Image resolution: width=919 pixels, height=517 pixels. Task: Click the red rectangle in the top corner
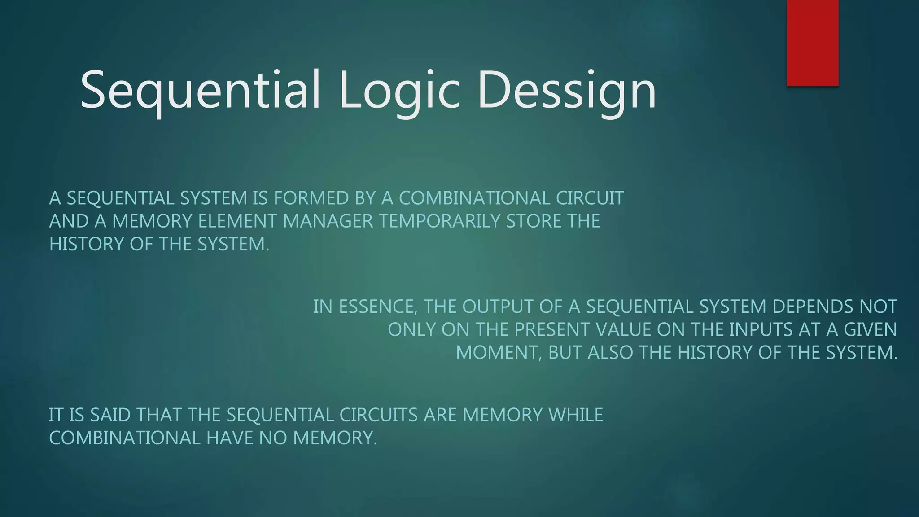click(812, 43)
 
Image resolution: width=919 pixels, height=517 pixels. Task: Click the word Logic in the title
click(399, 90)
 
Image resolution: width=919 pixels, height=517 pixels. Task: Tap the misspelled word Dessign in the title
click(566, 90)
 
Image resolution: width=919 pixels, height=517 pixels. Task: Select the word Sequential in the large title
click(200, 90)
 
